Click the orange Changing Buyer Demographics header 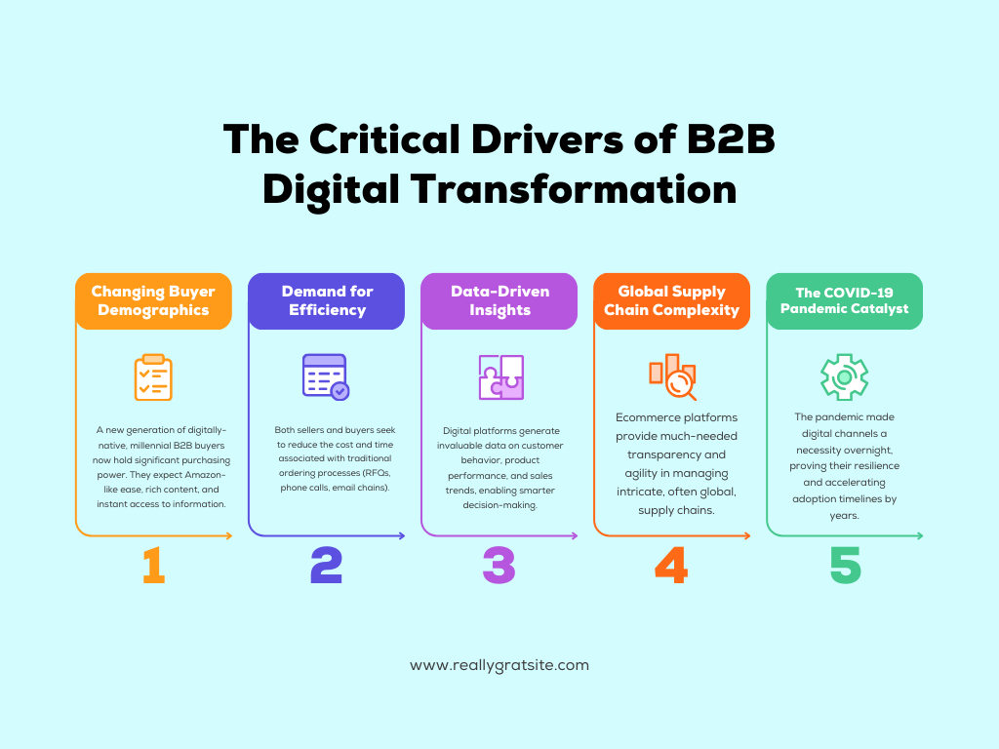click(153, 300)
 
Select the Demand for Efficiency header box click(327, 300)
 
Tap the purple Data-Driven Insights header click(499, 300)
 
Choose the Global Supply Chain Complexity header click(671, 300)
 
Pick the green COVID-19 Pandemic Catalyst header click(844, 300)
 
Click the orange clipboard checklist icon click(153, 377)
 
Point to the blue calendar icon click(325, 376)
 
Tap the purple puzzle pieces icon click(500, 376)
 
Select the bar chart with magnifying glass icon click(672, 377)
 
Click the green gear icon click(844, 376)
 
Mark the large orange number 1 click(153, 566)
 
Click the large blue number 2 click(326, 566)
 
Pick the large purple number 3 click(499, 566)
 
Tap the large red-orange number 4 click(671, 566)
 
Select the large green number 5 click(845, 566)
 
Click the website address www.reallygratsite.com click(499, 665)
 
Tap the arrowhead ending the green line click(918, 535)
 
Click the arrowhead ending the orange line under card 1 click(228, 535)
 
